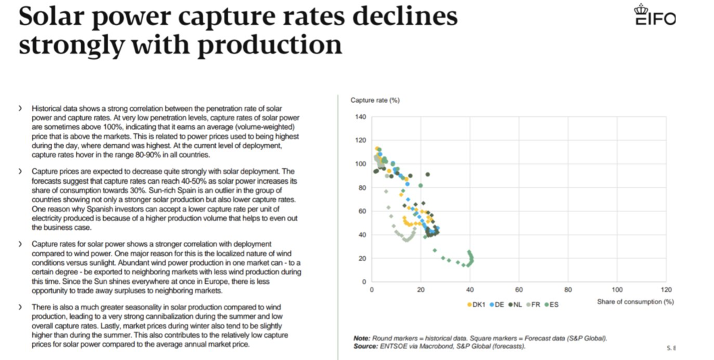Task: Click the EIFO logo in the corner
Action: tap(655, 16)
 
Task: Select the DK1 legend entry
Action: tap(476, 304)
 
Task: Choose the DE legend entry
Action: tap(497, 304)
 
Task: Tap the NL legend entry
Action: tap(515, 304)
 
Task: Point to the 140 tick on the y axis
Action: tap(360, 117)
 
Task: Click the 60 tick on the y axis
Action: tap(362, 211)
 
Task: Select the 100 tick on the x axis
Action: tap(617, 289)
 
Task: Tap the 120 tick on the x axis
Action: tap(666, 289)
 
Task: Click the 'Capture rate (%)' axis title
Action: tap(375, 100)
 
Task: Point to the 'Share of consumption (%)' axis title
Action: tap(635, 302)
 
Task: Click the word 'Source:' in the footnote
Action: tap(366, 346)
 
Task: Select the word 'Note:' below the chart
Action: tap(362, 338)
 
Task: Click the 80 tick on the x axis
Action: tap(568, 289)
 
